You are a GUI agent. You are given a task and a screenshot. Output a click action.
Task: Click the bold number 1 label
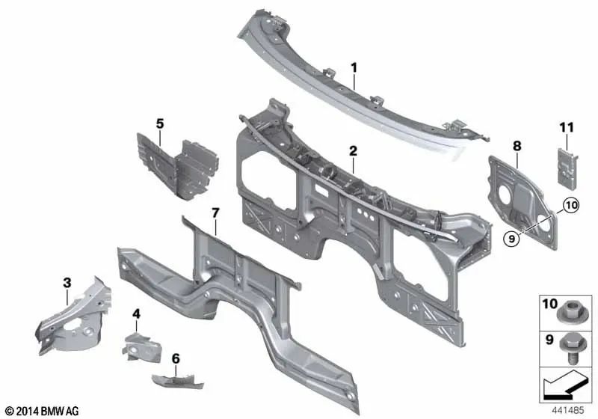(354, 68)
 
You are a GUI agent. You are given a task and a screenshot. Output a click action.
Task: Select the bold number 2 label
(353, 150)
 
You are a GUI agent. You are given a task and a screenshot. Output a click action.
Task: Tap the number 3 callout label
(67, 283)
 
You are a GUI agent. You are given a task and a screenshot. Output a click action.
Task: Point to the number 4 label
(136, 314)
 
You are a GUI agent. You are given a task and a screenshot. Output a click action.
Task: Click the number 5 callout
(160, 123)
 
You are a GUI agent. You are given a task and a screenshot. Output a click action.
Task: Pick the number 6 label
(176, 358)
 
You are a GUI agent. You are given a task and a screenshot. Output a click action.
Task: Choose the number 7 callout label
(215, 213)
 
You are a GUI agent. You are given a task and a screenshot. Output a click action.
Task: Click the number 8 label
(517, 146)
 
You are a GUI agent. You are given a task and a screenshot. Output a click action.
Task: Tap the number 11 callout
(567, 127)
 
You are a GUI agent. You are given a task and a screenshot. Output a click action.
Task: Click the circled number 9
(511, 239)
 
